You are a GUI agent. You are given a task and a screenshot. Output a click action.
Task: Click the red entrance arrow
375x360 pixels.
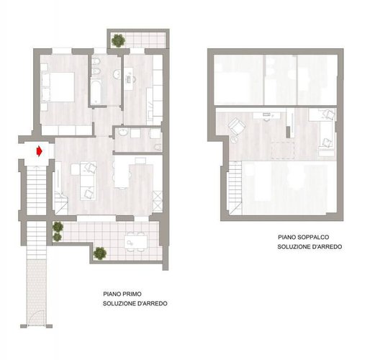point(40,151)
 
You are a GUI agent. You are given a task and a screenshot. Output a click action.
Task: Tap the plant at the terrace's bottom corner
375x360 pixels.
point(100,253)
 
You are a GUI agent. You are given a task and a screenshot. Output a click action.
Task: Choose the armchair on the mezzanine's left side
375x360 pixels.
point(235,128)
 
